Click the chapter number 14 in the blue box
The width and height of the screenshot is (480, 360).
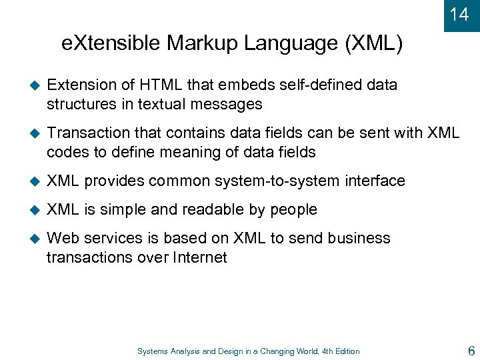(459, 15)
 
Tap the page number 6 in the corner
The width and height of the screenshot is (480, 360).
(471, 350)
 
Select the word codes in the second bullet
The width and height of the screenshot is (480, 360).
(66, 152)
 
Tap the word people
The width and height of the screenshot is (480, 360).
(293, 209)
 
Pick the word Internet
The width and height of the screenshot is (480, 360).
(198, 257)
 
